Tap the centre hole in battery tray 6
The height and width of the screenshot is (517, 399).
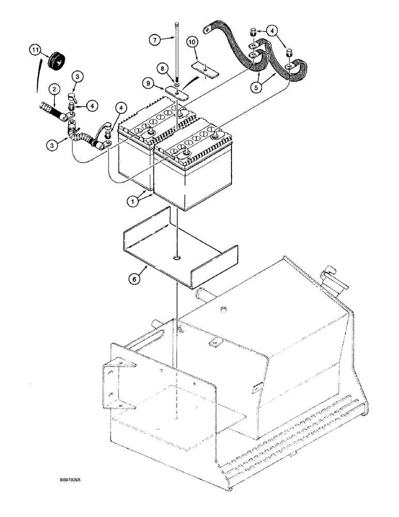pyautogui.click(x=177, y=257)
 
